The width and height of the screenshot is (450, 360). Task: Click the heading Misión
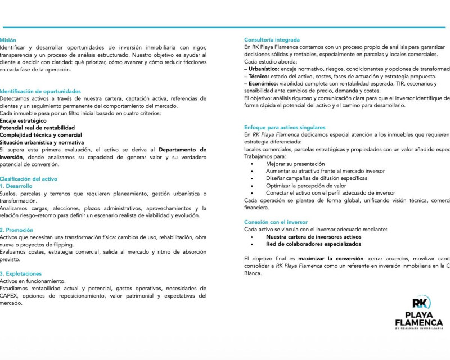click(x=8, y=40)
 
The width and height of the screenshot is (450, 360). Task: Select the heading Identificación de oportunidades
click(x=40, y=91)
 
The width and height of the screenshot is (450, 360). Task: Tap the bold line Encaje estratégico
click(x=23, y=120)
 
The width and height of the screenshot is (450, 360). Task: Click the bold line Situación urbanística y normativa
click(x=42, y=142)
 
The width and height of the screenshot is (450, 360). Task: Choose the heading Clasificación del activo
click(x=28, y=179)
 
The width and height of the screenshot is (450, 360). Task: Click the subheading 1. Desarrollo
click(x=16, y=186)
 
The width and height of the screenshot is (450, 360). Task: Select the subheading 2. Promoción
click(x=16, y=230)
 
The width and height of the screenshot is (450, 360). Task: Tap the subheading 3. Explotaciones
click(x=21, y=274)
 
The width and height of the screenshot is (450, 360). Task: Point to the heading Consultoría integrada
click(x=272, y=40)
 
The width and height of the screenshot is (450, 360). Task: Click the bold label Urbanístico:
click(x=264, y=69)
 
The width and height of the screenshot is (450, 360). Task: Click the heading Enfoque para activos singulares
click(x=285, y=128)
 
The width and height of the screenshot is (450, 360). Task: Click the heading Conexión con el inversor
click(x=276, y=222)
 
